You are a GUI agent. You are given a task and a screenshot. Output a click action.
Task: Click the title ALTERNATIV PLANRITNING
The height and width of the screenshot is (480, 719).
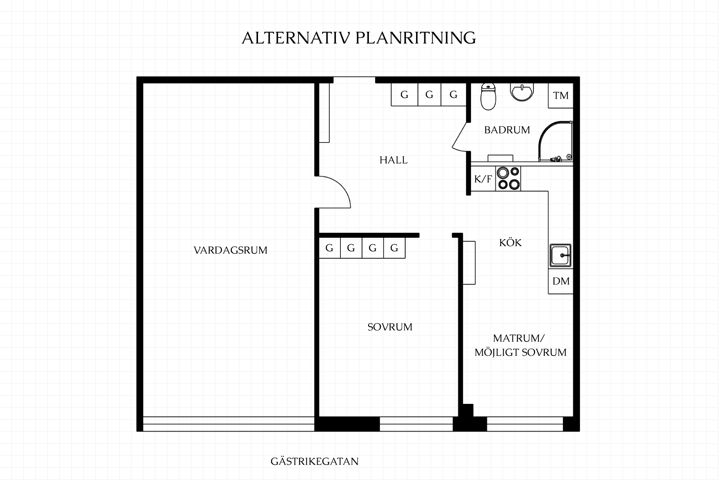pyautogui.click(x=359, y=38)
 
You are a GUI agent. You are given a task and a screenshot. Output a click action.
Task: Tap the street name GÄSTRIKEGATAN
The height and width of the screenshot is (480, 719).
pyautogui.click(x=315, y=461)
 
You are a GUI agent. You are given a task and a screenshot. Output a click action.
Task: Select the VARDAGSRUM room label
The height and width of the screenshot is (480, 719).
pyautogui.click(x=231, y=250)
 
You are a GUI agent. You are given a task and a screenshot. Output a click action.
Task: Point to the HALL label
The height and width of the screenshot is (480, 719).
pyautogui.click(x=393, y=160)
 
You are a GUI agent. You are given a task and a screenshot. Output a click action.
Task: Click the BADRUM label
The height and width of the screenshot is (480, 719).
pyautogui.click(x=507, y=130)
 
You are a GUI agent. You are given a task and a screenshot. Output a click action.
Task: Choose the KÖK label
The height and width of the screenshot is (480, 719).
pyautogui.click(x=510, y=242)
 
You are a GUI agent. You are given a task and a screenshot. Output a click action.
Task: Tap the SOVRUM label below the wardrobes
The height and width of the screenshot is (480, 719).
pyautogui.click(x=390, y=327)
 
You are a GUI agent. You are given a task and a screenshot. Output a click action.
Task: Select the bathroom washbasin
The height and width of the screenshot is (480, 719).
pyautogui.click(x=522, y=92)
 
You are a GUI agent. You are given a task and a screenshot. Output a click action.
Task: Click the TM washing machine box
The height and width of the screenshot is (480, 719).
pyautogui.click(x=561, y=96)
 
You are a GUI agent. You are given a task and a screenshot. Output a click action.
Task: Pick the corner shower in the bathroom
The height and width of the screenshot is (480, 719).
pyautogui.click(x=556, y=141)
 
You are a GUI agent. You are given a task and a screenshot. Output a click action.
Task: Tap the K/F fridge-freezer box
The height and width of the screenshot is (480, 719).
pyautogui.click(x=483, y=179)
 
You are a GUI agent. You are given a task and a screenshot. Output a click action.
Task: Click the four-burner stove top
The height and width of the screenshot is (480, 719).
pyautogui.click(x=508, y=179)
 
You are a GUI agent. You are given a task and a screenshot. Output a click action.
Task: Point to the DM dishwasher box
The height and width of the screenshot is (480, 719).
pyautogui.click(x=561, y=281)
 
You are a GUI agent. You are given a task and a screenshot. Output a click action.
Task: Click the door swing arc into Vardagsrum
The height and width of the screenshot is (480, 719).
pyautogui.click(x=341, y=186)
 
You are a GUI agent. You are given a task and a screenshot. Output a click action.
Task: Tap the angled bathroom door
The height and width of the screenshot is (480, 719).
pyautogui.click(x=459, y=136)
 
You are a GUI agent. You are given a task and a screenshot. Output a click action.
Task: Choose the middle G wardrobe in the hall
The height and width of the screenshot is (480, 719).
pyautogui.click(x=429, y=94)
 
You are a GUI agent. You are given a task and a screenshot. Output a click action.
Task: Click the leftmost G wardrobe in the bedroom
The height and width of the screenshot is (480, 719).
pyautogui.click(x=330, y=248)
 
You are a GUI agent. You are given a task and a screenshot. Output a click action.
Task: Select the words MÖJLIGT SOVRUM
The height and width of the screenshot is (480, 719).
pyautogui.click(x=521, y=352)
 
